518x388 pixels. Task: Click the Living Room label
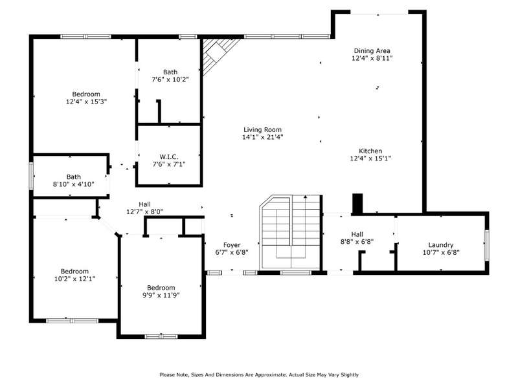click(x=263, y=130)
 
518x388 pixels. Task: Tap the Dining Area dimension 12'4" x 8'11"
click(x=372, y=58)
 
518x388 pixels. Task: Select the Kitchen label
click(x=370, y=151)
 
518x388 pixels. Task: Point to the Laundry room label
click(x=441, y=245)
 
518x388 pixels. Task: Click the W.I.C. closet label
click(x=169, y=156)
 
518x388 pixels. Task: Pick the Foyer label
click(x=232, y=245)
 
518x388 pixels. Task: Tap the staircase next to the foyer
click(x=291, y=232)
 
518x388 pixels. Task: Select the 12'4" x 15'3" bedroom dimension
click(x=86, y=102)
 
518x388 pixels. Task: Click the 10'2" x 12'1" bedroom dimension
click(x=74, y=279)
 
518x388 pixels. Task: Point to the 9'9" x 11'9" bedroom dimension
click(x=161, y=295)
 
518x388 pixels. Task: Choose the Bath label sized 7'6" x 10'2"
click(x=170, y=72)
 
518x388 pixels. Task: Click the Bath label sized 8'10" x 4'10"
click(x=73, y=177)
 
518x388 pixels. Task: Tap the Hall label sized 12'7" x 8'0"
click(x=144, y=204)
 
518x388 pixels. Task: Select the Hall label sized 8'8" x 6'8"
click(x=357, y=234)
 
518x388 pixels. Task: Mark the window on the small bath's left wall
click(x=31, y=176)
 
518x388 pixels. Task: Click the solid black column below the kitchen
click(x=357, y=203)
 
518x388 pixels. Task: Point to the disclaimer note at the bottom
click(x=259, y=374)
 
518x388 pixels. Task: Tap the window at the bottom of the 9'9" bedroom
click(x=161, y=336)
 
